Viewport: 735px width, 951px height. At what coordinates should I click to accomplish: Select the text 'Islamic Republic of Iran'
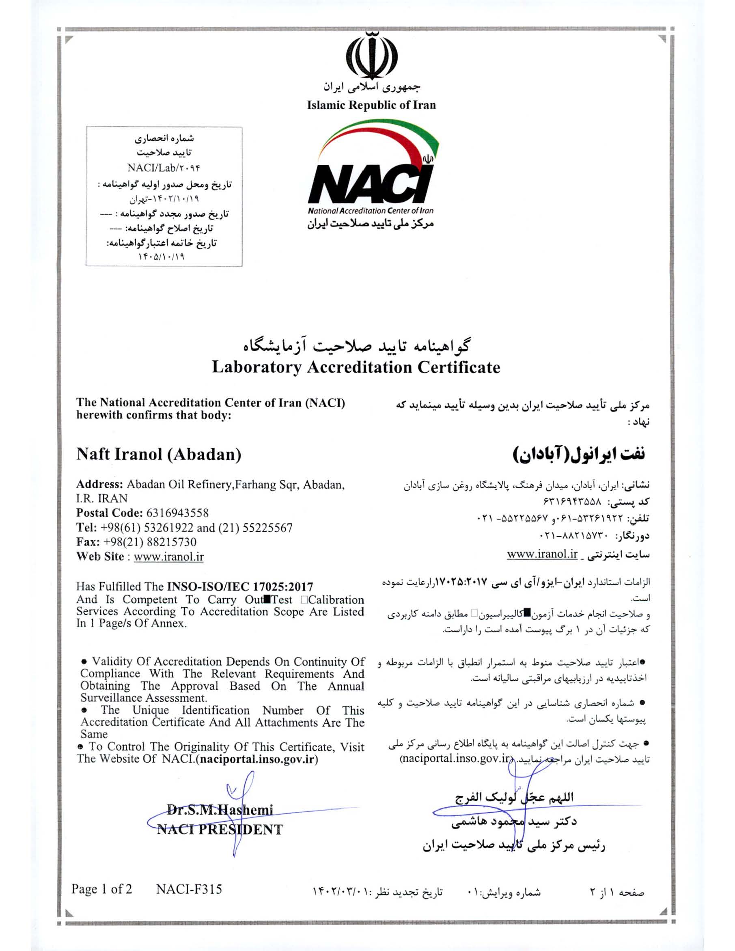point(371,105)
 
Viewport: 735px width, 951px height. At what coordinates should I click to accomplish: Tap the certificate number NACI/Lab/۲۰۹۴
point(164,168)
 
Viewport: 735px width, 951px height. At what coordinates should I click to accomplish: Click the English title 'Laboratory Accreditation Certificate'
point(356,367)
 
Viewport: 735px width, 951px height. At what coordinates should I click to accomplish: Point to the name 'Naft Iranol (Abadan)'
point(159,454)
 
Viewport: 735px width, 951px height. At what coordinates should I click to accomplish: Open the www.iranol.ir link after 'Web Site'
point(168,556)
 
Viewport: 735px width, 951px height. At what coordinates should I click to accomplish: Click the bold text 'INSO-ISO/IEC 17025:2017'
point(240,587)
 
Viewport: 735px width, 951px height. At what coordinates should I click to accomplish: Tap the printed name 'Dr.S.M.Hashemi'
point(220,810)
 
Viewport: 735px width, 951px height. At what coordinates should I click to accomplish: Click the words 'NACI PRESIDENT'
point(220,829)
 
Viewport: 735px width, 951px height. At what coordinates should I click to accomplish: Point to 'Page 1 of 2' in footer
point(101,889)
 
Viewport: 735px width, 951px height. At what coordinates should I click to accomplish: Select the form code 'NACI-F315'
point(189,889)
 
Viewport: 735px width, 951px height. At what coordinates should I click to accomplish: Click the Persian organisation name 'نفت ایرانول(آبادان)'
point(579,453)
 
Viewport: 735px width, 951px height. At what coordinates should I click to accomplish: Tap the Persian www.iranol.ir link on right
point(542,554)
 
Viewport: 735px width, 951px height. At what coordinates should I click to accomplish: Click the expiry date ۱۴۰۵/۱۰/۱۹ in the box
point(161,257)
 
